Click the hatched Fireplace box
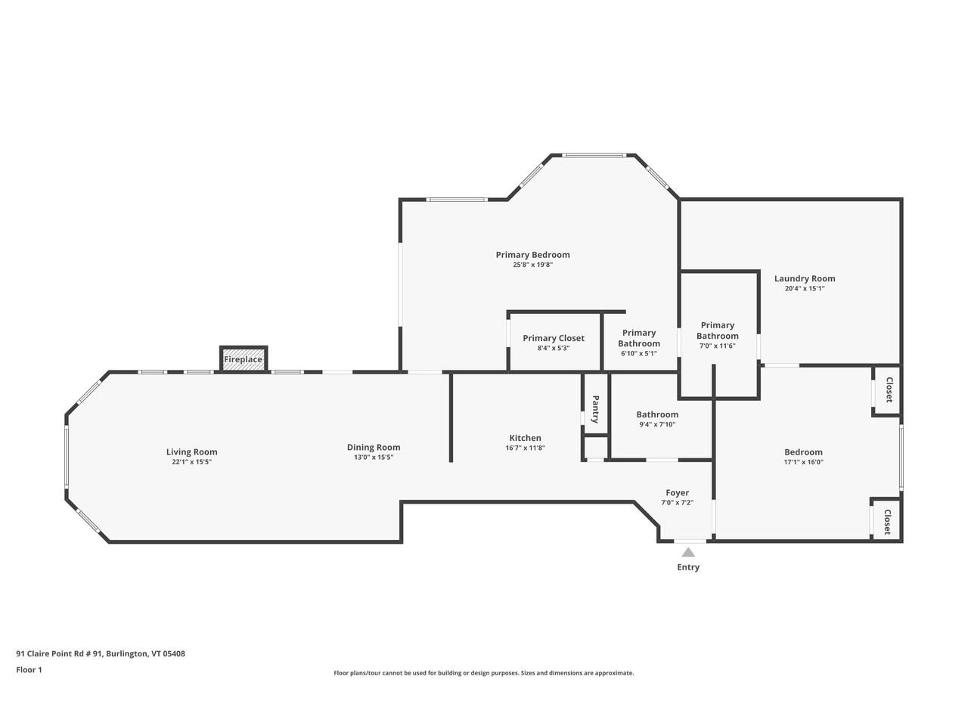(243, 359)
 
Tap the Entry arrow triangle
(687, 553)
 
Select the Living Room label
(191, 452)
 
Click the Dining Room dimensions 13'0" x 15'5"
(374, 458)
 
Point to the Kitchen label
(525, 438)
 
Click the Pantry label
(595, 409)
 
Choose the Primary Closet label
(554, 338)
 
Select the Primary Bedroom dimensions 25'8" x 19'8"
(532, 265)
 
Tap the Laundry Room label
(805, 278)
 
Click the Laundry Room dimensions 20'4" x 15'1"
(805, 288)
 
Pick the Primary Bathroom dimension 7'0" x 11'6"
(717, 346)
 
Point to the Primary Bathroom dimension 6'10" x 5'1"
(639, 353)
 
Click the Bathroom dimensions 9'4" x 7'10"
(657, 424)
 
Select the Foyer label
(677, 493)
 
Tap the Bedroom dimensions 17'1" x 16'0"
(803, 462)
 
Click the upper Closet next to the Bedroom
(889, 390)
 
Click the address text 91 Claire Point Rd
(101, 654)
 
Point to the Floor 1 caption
(29, 669)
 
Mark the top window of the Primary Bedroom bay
(594, 156)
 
